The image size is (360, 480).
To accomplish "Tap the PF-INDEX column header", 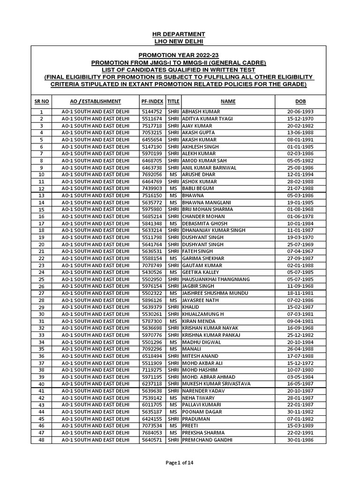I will [151, 101].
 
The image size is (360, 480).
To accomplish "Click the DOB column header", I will [300, 101].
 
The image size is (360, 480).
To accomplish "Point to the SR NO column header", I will [41, 101].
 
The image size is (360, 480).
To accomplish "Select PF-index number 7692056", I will [151, 174].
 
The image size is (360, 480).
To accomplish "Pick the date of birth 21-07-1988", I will [300, 188].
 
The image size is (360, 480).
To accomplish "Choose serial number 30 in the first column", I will [41, 314].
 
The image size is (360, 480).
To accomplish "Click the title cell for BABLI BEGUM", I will [173, 188].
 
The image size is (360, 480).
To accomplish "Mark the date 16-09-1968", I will [300, 328].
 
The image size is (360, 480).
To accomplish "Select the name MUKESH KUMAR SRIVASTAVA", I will [216, 384].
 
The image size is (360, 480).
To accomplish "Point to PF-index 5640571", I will [151, 440].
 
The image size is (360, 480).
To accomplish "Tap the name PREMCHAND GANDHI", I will [206, 440].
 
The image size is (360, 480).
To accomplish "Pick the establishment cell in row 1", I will [95, 112].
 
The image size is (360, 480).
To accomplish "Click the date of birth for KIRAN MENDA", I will [300, 321].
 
